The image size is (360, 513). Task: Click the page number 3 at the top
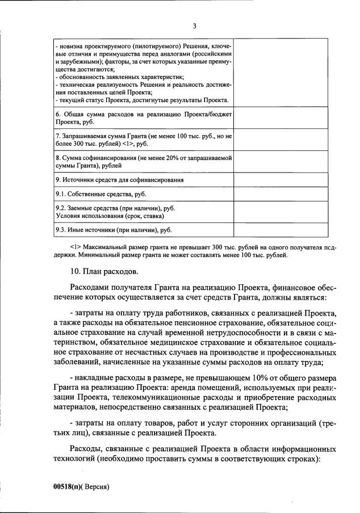[x=194, y=26]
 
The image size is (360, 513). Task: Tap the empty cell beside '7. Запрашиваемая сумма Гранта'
[x=281, y=140]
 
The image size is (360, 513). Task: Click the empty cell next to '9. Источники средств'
[x=281, y=180]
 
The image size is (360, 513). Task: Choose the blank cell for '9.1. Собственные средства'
[x=281, y=195]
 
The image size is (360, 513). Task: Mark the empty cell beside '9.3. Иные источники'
[x=281, y=230]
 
